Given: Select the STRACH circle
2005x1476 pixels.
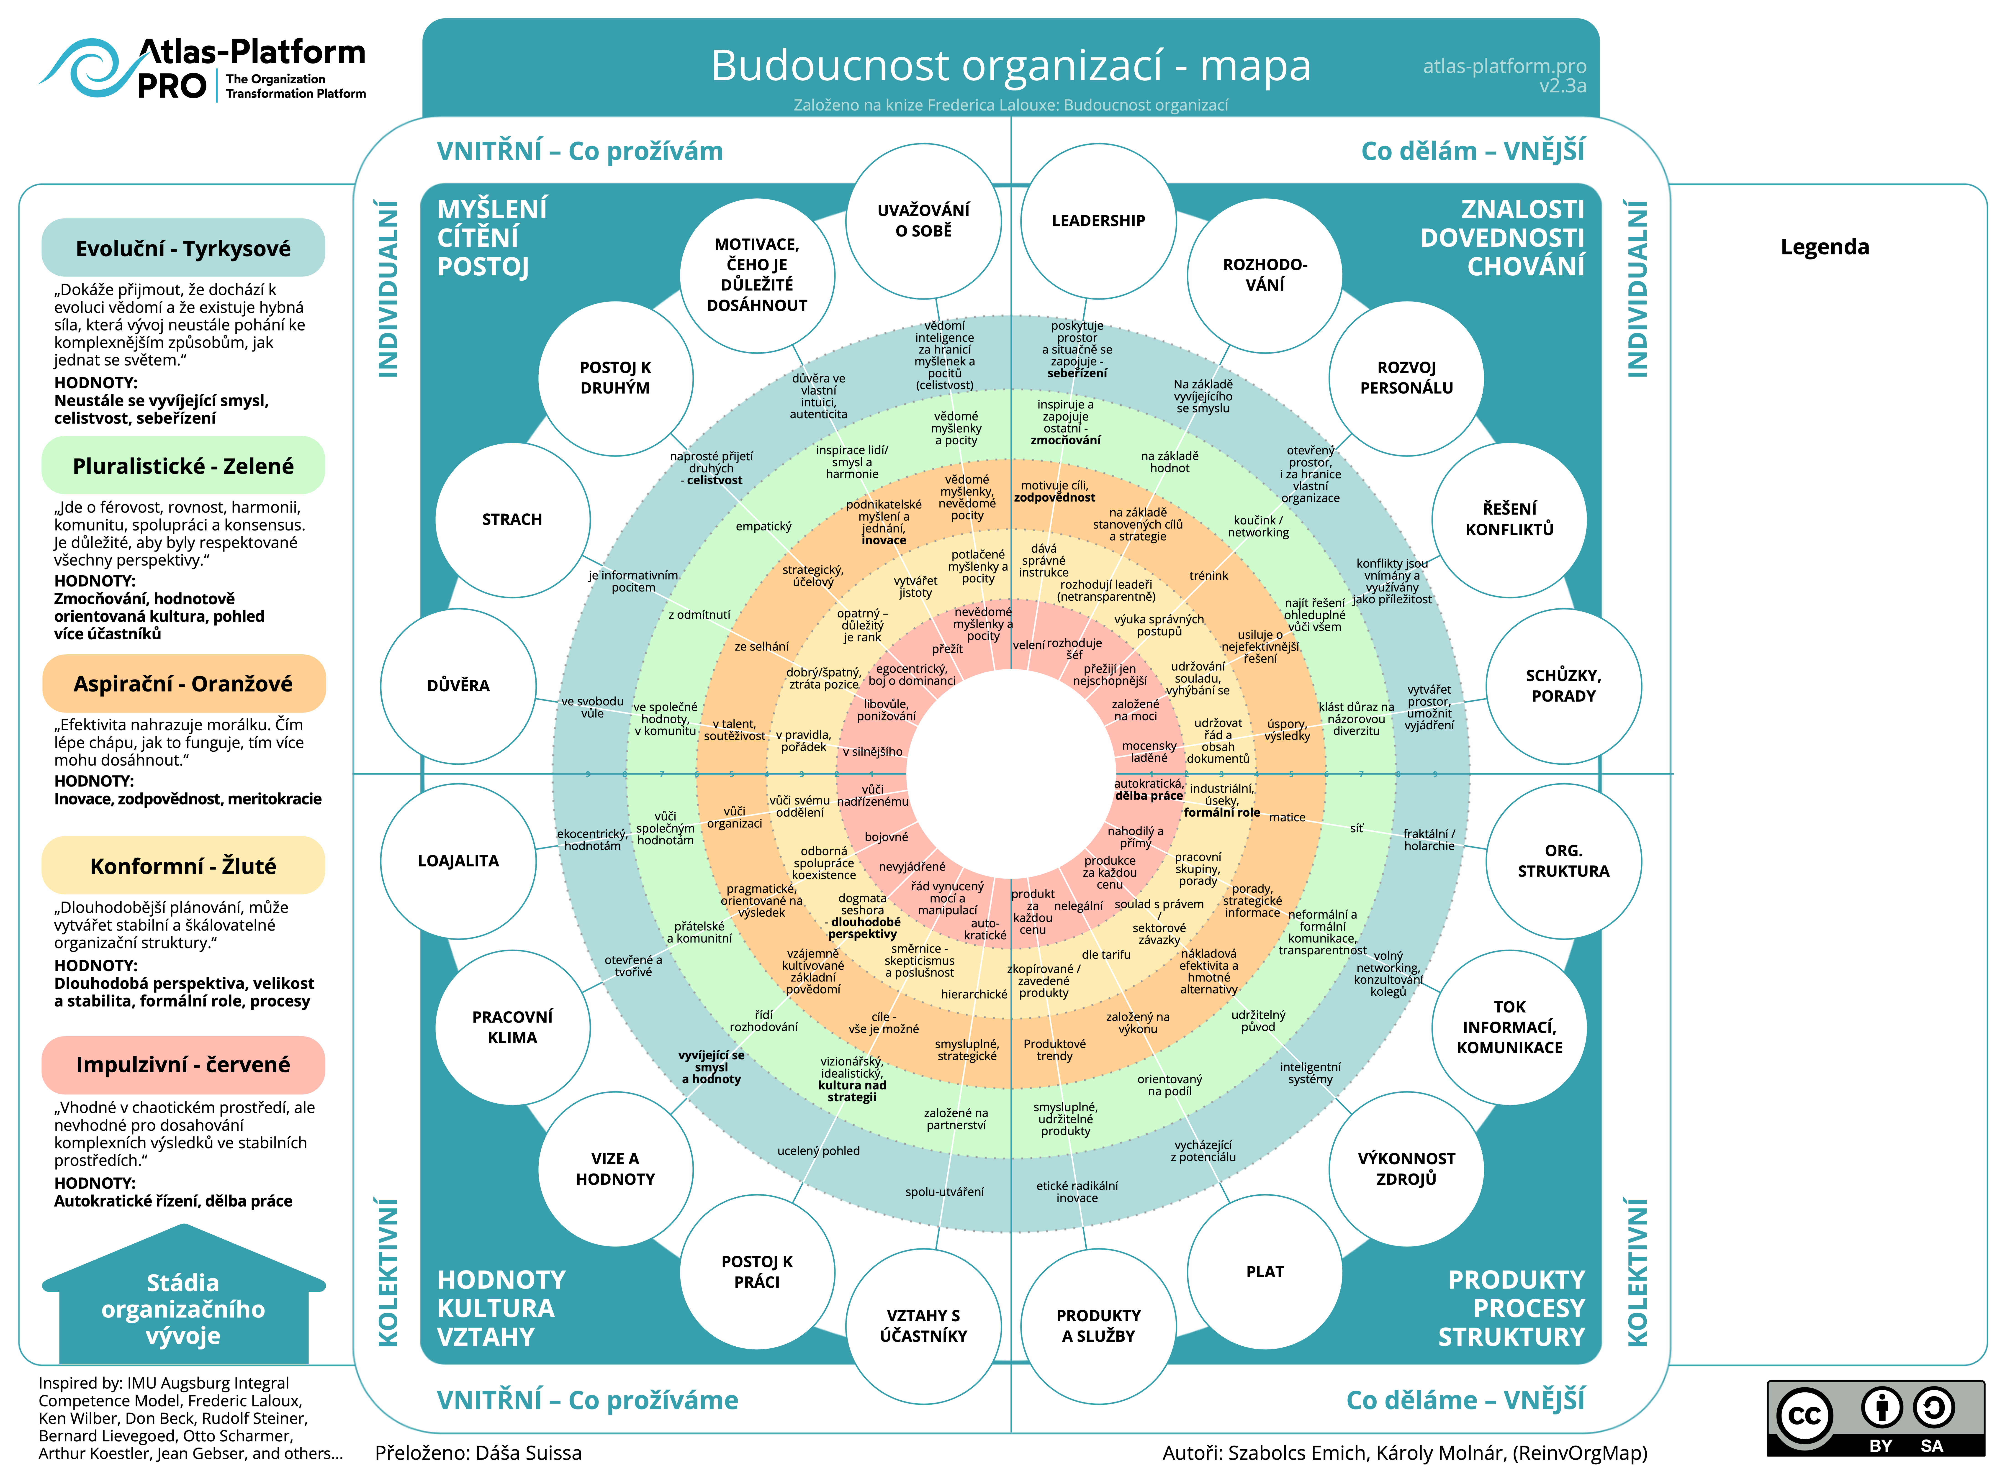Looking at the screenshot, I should click(512, 519).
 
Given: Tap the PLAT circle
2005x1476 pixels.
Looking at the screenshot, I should click(1264, 1271).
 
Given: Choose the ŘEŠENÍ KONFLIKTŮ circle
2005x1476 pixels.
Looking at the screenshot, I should click(1509, 519).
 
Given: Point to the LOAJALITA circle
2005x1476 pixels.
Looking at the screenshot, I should click(458, 860).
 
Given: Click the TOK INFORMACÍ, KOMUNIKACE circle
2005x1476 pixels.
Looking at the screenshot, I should click(1509, 1028).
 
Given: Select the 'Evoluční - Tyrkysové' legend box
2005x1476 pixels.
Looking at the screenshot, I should click(183, 248).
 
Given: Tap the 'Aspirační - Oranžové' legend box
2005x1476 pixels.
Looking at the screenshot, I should click(183, 684).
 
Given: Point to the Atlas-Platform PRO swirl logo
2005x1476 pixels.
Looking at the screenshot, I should click(85, 69).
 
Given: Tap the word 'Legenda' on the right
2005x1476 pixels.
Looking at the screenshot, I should click(1824, 247).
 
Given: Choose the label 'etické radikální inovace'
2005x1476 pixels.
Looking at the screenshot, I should click(1077, 1192).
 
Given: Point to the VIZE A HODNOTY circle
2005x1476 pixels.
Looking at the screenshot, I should click(615, 1169).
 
